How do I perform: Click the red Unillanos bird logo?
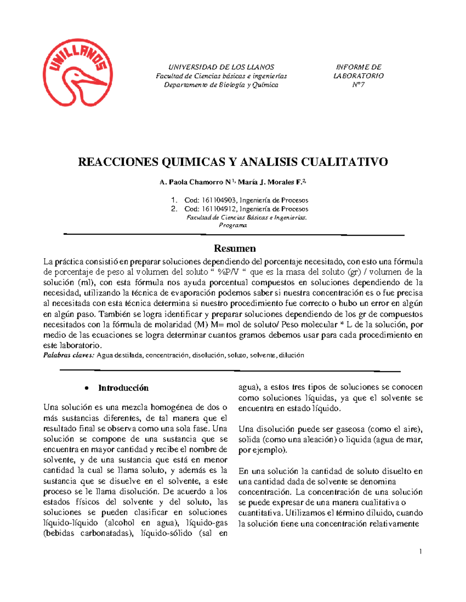click(x=78, y=73)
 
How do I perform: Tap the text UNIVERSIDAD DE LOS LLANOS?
click(x=221, y=67)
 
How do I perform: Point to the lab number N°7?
click(x=358, y=85)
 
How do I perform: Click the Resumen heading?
click(x=235, y=248)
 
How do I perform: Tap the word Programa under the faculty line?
click(x=233, y=225)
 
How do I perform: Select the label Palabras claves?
click(x=68, y=355)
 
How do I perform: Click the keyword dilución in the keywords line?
click(x=291, y=355)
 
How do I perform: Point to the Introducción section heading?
click(x=123, y=388)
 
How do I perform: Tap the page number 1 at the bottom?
click(x=420, y=551)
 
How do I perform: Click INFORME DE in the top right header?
click(x=358, y=67)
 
